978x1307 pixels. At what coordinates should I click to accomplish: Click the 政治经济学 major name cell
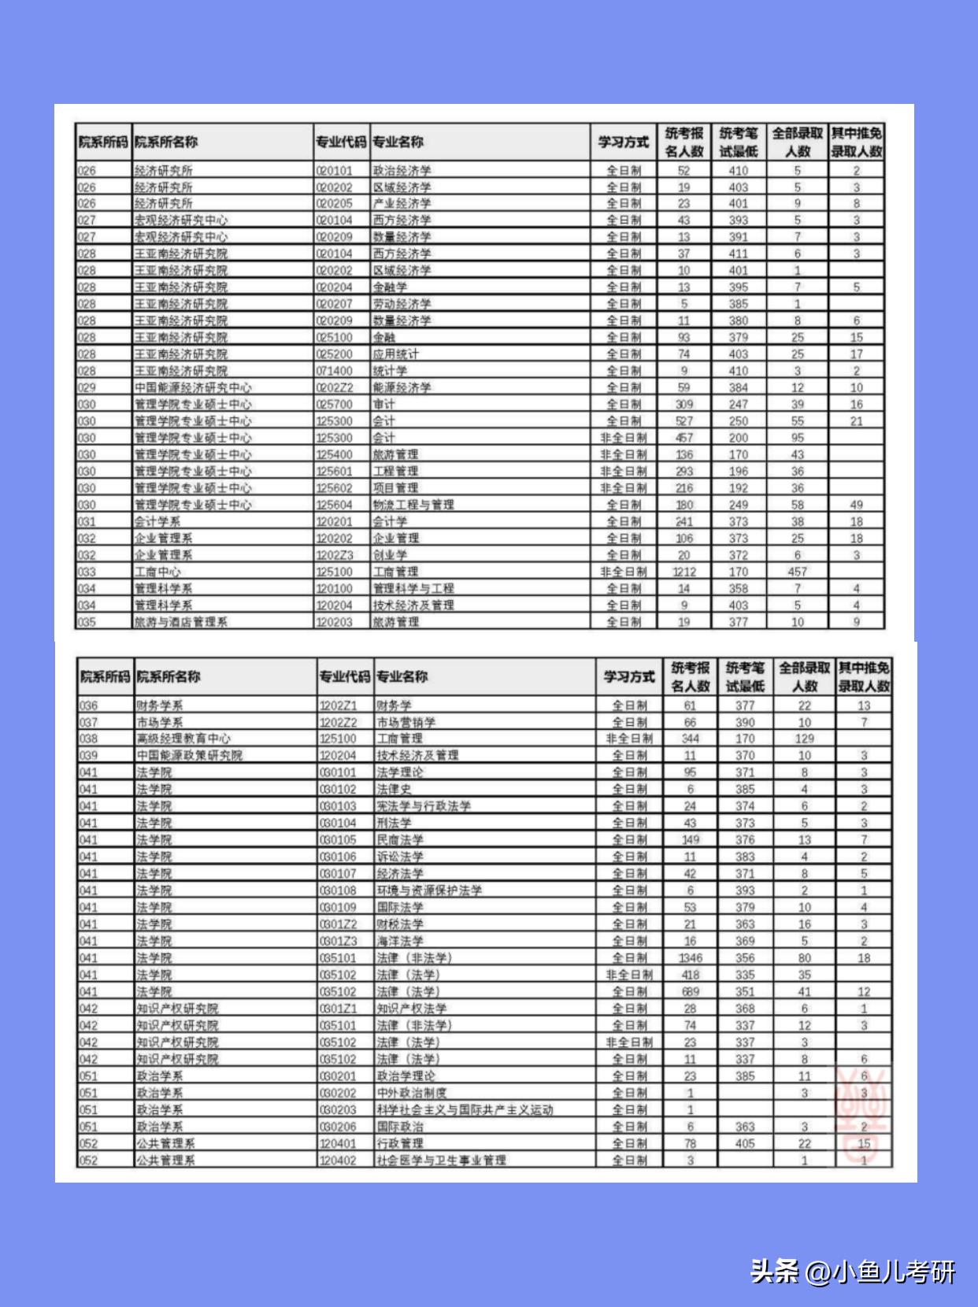pos(402,170)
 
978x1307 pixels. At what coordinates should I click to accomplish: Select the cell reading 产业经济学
pos(402,203)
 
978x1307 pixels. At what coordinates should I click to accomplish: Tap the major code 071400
pos(335,371)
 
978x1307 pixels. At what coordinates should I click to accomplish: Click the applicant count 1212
pos(683,572)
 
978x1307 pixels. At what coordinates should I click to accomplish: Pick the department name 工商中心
pos(157,572)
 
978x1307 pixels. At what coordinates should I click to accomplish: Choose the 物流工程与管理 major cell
pos(413,505)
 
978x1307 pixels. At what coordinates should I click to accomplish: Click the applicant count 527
pos(683,421)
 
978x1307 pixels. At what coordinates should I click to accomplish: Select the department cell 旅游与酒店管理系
pos(181,622)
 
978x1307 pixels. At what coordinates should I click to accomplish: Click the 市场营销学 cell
pos(406,722)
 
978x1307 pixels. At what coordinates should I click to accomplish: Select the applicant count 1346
pos(691,958)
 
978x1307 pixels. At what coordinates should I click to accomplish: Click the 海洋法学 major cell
pos(400,941)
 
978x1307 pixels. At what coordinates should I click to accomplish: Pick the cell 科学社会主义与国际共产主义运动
pos(465,1109)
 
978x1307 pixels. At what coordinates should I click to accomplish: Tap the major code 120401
pos(338,1143)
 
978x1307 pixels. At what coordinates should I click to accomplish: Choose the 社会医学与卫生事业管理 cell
pos(441,1161)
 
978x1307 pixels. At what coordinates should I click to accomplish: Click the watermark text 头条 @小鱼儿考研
pos(853,1271)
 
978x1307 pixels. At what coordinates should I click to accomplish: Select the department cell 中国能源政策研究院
pos(190,755)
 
